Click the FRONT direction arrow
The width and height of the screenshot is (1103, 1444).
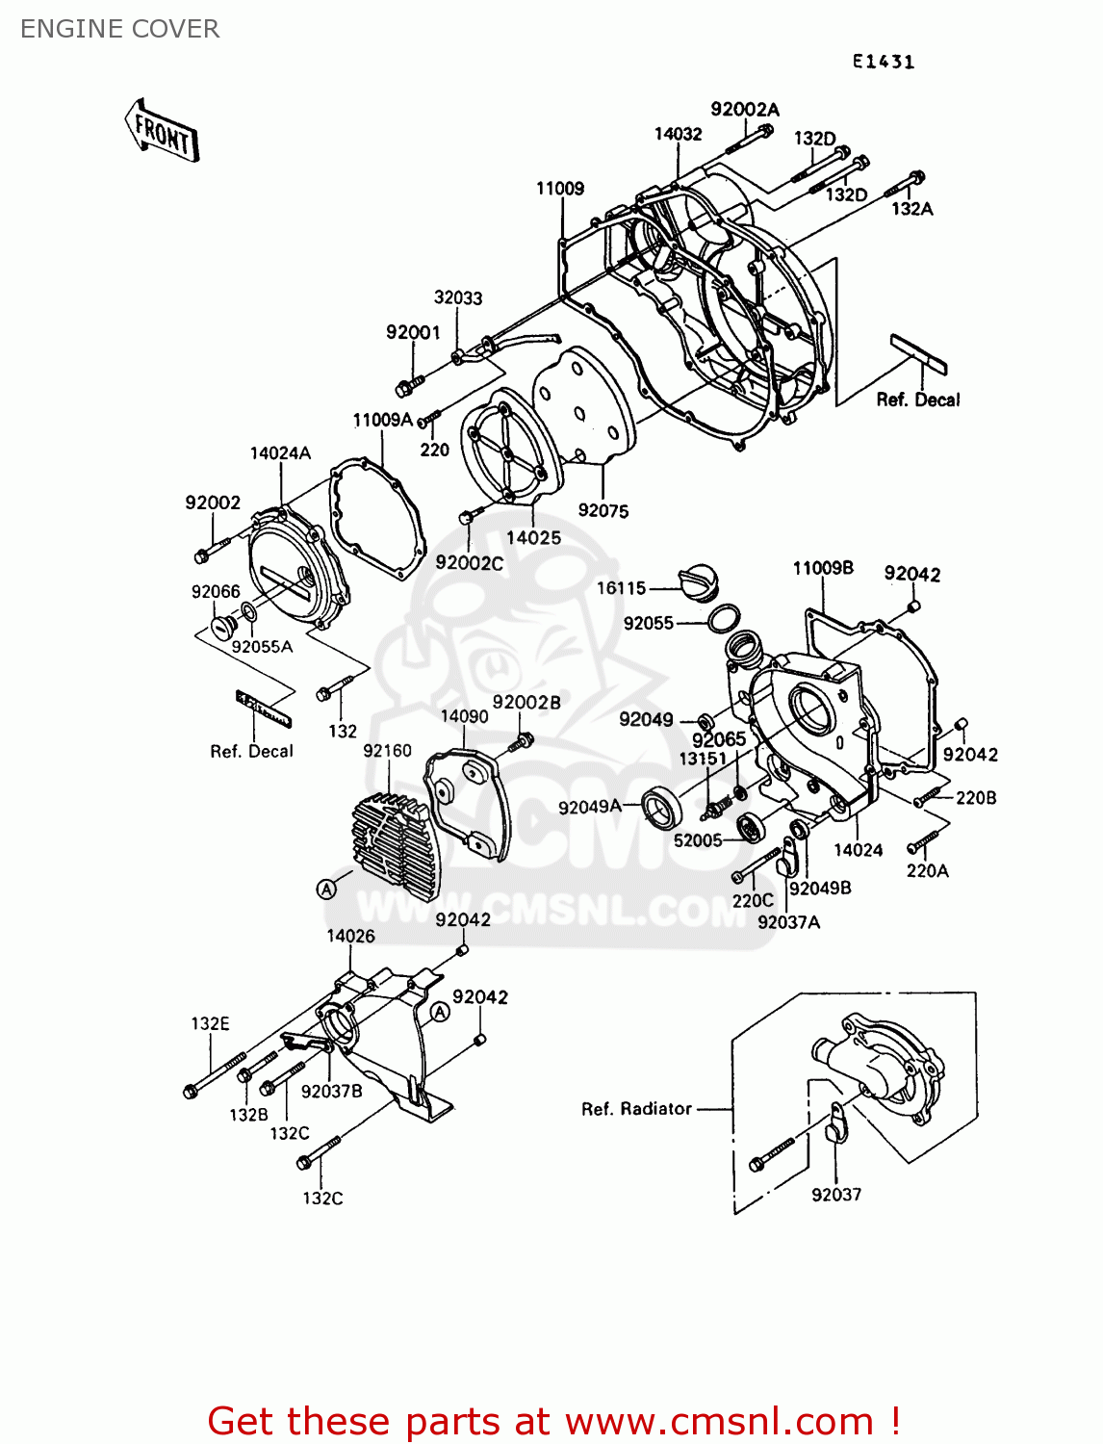(162, 131)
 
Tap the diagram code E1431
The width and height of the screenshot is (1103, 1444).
(883, 62)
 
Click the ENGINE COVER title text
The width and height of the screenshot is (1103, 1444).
(119, 29)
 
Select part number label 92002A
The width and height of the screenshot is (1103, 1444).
(744, 110)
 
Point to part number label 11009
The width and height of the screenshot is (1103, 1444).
(559, 189)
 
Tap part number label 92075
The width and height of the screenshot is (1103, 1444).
(603, 511)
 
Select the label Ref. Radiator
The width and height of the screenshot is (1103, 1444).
(636, 1109)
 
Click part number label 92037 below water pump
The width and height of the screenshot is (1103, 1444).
(835, 1195)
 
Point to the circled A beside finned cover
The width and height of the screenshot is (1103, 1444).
(327, 889)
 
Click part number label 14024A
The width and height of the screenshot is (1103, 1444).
(280, 453)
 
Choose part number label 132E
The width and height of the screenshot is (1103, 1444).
(210, 1023)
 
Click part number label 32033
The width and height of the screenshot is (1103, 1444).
(457, 298)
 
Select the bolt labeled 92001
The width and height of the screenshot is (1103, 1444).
(404, 388)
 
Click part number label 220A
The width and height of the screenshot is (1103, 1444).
(927, 870)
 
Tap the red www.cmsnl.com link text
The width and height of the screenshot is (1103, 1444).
(719, 1421)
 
